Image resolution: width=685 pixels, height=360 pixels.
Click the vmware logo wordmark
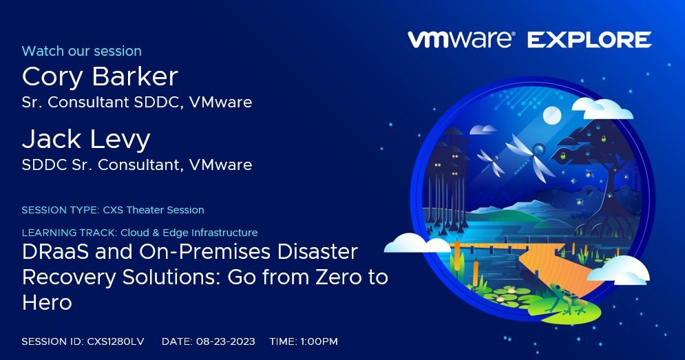(461, 39)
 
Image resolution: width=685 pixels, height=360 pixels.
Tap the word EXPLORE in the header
(589, 40)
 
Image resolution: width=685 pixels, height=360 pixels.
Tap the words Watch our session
(82, 51)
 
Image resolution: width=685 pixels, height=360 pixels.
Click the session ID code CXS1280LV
(116, 341)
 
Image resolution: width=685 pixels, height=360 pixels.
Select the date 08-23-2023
(225, 341)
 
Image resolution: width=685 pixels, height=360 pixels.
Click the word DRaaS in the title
(56, 252)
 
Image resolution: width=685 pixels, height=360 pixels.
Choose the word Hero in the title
(48, 302)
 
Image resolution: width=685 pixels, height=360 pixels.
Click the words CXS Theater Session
(154, 210)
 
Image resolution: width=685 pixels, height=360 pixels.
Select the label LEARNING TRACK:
(70, 233)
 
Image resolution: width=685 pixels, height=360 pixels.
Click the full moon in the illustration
(551, 116)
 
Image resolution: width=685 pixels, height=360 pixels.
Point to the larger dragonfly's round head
(538, 150)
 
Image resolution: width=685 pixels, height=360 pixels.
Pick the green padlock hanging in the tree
(563, 156)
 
